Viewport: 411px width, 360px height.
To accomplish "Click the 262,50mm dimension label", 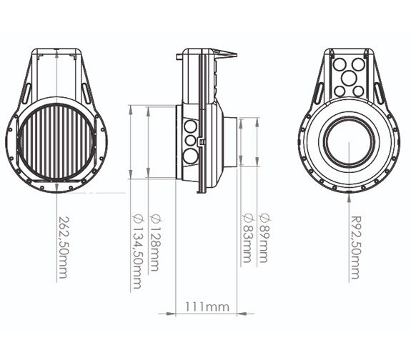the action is tap(63, 247).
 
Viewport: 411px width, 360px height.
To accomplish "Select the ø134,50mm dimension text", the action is tap(138, 251).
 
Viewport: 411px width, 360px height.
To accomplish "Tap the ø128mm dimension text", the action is tap(154, 242).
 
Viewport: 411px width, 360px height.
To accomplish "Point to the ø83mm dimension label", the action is tap(248, 238).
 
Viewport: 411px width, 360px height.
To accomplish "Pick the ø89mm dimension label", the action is tap(264, 238).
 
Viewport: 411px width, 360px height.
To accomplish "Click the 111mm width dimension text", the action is tap(207, 306).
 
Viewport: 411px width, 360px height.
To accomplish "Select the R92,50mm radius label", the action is tap(357, 247).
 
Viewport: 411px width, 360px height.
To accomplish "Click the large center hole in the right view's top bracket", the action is tap(349, 77).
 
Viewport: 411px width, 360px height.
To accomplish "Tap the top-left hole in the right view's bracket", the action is tap(340, 64).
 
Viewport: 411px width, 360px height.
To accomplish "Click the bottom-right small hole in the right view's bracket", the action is tap(358, 91).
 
